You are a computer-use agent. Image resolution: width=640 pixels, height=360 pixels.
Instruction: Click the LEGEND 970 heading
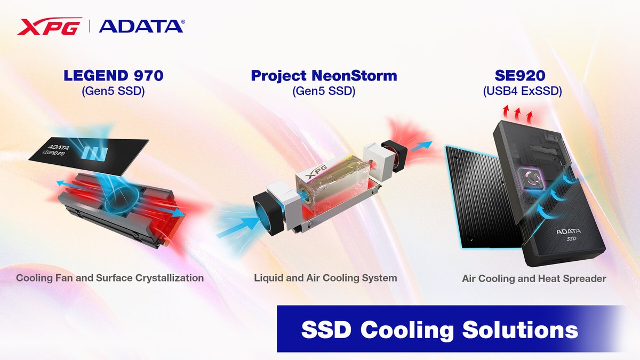point(113,75)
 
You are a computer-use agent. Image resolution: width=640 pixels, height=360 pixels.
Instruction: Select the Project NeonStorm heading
point(324,75)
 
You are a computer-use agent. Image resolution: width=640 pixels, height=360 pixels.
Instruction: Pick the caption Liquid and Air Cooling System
point(325,278)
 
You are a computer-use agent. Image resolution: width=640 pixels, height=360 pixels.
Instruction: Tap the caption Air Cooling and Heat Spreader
point(534,278)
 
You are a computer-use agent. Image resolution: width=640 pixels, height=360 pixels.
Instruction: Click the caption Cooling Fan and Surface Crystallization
point(110,278)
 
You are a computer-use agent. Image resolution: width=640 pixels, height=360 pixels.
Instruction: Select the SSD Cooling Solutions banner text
point(439,330)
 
